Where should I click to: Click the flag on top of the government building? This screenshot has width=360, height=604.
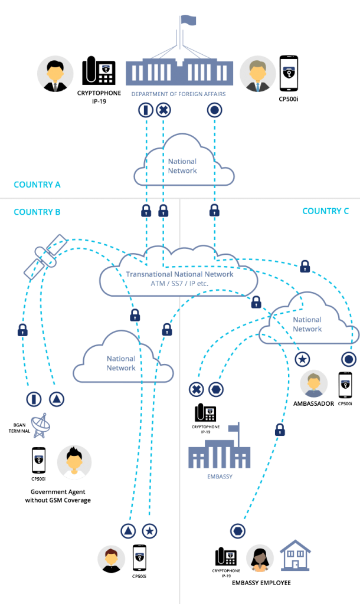tap(188, 21)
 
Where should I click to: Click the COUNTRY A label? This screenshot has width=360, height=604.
tap(37, 185)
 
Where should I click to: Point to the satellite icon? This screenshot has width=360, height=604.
tap(45, 257)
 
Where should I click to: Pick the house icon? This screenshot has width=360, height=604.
tap(295, 556)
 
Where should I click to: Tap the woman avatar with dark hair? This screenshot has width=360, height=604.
tap(260, 558)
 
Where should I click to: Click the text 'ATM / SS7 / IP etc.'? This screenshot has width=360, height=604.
tap(179, 284)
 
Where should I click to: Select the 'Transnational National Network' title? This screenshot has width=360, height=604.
tap(179, 274)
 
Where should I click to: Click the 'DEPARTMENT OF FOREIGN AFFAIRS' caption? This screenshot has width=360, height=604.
tap(178, 94)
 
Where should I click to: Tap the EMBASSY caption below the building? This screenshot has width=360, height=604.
tap(219, 477)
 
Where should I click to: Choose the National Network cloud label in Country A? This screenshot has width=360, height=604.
tap(182, 166)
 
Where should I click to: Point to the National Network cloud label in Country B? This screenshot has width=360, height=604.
tap(122, 363)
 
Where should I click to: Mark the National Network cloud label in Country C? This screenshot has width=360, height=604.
tap(307, 324)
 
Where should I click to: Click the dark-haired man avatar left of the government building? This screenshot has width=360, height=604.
tap(55, 74)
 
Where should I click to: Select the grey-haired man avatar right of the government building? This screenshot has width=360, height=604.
tap(258, 74)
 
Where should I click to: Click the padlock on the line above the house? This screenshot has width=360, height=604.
tap(280, 430)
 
